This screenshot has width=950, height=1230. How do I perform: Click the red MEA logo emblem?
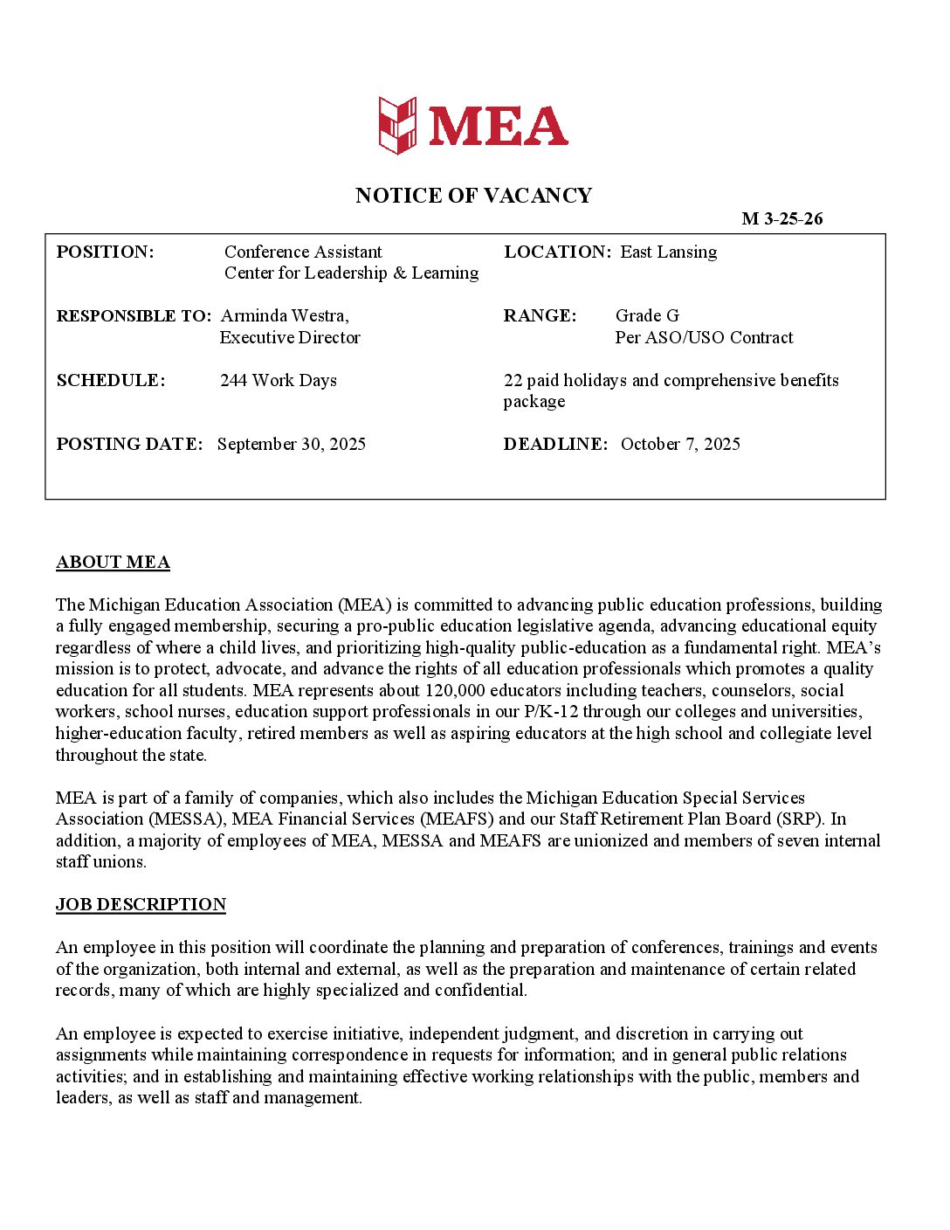coord(397,126)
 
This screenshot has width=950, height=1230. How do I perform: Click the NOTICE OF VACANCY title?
coord(473,196)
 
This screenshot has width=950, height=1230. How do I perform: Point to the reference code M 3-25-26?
coord(781,219)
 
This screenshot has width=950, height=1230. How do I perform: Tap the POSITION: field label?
coord(105,252)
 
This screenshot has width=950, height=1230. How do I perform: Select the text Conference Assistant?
coord(303,252)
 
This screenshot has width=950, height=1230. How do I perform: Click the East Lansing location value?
coord(668,252)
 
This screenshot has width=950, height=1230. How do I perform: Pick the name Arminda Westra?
coord(285,316)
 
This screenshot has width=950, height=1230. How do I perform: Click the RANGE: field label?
coord(540,316)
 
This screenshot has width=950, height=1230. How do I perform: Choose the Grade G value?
coord(647,316)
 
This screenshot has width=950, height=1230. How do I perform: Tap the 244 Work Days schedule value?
coord(279,381)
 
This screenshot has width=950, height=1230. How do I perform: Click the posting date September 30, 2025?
coord(292,445)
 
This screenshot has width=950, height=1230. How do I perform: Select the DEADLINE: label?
coord(555,445)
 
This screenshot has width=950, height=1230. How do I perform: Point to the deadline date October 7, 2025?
coord(680,445)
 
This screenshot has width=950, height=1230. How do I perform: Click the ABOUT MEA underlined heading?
coord(113,563)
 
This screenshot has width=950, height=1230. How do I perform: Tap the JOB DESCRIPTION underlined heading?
coord(141,905)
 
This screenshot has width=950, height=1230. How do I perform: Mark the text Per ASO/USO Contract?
coord(704,338)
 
